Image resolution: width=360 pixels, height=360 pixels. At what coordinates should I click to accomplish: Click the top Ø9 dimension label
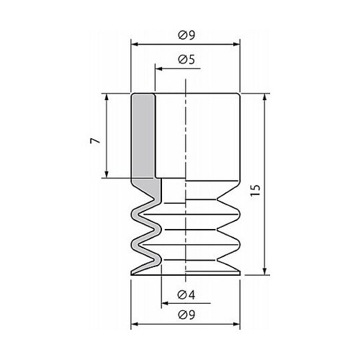(186, 35)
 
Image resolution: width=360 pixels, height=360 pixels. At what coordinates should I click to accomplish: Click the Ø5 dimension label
(186, 60)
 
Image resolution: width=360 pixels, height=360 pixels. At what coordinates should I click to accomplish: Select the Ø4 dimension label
(186, 294)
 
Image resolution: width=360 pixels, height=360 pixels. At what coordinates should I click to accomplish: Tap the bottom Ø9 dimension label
(186, 315)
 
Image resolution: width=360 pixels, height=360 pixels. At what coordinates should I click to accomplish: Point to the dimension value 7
(95, 140)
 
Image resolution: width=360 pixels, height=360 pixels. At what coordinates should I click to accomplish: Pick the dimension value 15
(256, 191)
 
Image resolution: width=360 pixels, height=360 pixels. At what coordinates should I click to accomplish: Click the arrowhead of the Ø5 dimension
(158, 69)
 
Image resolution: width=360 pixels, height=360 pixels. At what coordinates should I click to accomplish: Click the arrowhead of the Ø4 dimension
(165, 303)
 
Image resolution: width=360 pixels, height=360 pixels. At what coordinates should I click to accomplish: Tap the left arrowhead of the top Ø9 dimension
(134, 45)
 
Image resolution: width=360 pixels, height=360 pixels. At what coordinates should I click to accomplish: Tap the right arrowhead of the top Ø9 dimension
(237, 45)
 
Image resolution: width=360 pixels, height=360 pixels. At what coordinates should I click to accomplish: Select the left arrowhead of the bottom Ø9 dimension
(134, 324)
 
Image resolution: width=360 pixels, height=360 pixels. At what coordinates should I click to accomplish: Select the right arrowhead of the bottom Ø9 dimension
(237, 324)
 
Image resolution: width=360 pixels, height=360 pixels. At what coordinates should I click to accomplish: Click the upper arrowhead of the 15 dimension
(265, 96)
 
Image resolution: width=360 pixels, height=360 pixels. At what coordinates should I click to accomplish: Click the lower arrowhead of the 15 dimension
(265, 271)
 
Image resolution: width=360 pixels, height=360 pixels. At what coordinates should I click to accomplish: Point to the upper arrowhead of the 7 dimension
(107, 96)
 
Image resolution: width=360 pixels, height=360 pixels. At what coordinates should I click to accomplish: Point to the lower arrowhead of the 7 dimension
(107, 174)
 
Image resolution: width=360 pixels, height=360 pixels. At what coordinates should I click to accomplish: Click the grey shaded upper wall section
(143, 136)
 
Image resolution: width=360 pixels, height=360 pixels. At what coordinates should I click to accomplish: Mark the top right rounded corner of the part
(238, 94)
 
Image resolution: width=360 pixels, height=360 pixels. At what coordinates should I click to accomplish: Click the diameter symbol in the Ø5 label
(182, 60)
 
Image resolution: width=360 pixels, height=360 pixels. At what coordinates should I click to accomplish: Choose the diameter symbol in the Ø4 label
(182, 294)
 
